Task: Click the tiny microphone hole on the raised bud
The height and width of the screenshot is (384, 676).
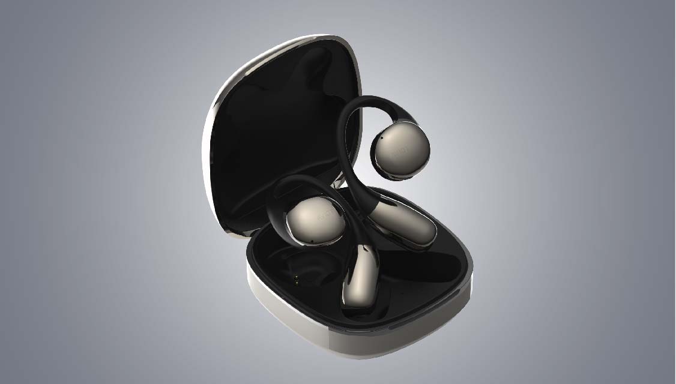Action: pos(381,139)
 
